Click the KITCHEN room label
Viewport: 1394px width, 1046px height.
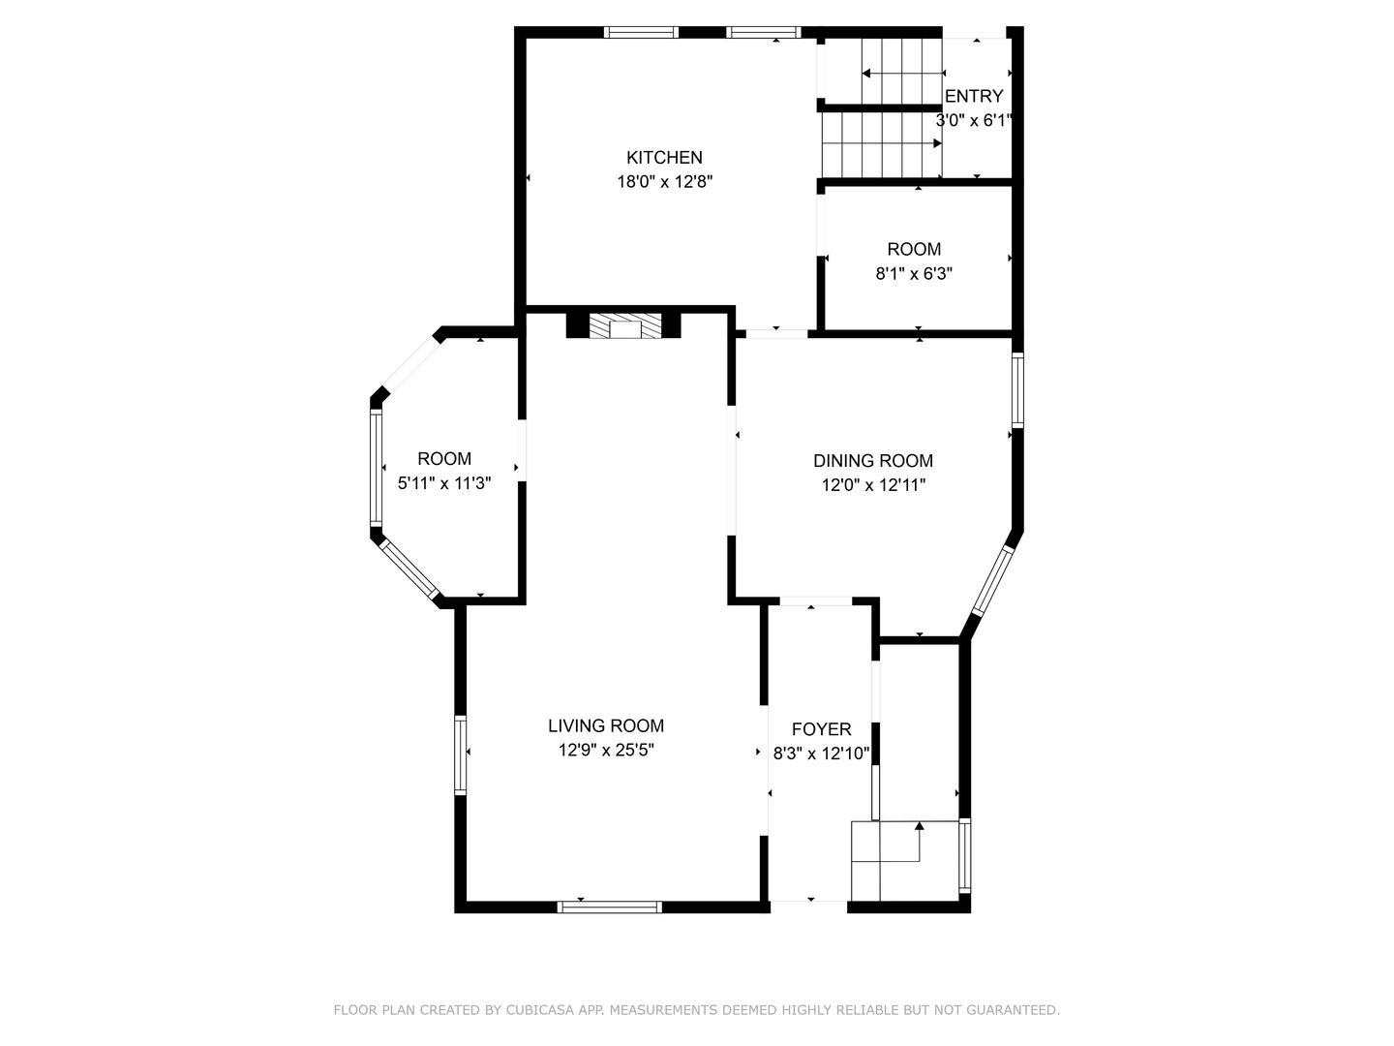pos(664,158)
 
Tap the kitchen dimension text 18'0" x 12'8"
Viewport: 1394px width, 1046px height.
pos(664,182)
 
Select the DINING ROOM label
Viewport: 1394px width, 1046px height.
pos(873,460)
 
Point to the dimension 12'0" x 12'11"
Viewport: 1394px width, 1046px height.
pos(873,485)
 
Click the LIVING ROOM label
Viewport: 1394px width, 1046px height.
pos(606,725)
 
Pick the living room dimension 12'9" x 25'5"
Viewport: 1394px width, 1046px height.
pos(606,750)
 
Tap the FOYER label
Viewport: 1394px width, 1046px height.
pos(821,729)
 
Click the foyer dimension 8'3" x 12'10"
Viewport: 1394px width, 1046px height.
pos(821,754)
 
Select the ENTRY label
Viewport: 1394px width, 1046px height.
pos(974,96)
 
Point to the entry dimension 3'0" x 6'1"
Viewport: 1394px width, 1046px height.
pos(974,120)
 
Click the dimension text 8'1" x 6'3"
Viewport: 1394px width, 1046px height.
pos(914,274)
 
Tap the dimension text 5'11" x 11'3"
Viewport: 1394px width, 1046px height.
pos(444,483)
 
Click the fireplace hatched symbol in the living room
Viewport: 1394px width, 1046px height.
pos(625,325)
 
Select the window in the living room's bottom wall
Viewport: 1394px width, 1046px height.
pos(609,907)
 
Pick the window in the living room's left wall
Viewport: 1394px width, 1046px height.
pos(461,755)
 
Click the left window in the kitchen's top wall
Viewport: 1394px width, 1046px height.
pos(641,32)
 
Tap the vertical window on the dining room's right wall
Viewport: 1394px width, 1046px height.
pos(1017,390)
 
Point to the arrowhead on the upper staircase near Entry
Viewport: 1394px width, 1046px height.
pos(866,74)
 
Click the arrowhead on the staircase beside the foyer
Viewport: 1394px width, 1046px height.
pos(919,825)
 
